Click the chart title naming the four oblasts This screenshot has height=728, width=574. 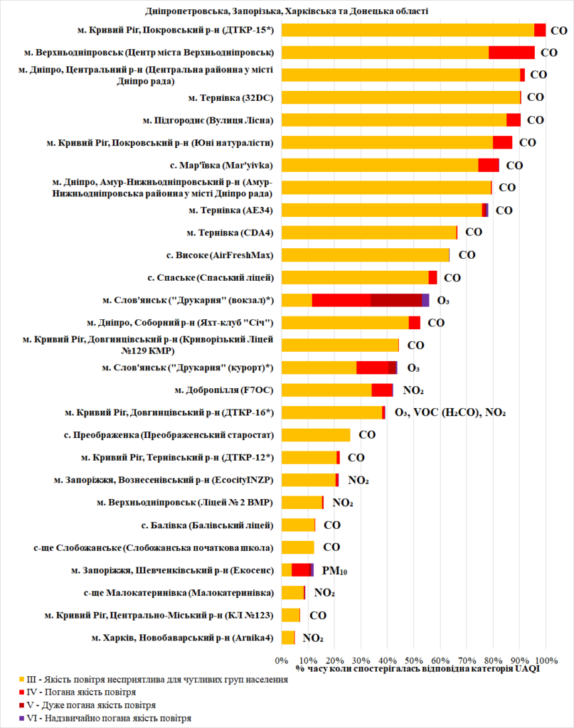(x=286, y=11)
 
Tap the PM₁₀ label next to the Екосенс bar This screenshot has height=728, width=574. (x=334, y=570)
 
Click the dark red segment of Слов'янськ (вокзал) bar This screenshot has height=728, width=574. (x=396, y=300)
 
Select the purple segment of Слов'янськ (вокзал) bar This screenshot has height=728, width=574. (x=425, y=300)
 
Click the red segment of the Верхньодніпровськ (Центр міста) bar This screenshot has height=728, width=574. (x=511, y=53)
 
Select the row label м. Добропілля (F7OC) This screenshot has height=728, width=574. (x=224, y=390)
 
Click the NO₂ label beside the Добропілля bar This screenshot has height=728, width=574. (x=413, y=390)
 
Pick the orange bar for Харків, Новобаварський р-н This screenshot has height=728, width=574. (x=288, y=637)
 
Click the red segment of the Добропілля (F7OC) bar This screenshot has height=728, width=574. (x=382, y=390)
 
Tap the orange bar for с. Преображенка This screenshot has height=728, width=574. (x=316, y=434)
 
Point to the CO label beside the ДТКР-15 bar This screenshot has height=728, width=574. (x=559, y=31)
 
